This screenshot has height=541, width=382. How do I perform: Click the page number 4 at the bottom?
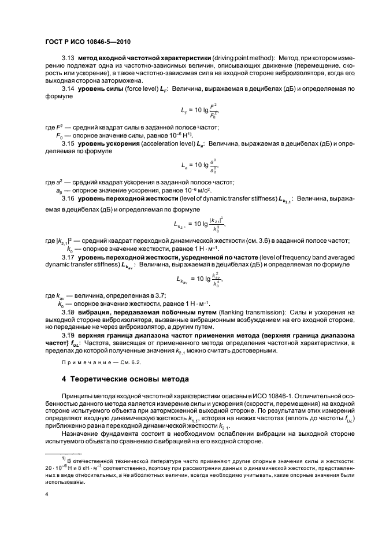coord(46,494)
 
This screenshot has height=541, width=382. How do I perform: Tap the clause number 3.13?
coord(68,59)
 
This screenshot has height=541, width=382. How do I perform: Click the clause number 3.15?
coord(68,142)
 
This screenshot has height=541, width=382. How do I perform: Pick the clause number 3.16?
coord(68,198)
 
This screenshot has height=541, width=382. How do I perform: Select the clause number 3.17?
coord(68,256)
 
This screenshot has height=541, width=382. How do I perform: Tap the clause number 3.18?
coord(68,312)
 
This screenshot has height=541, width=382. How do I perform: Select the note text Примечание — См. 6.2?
coord(101,362)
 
